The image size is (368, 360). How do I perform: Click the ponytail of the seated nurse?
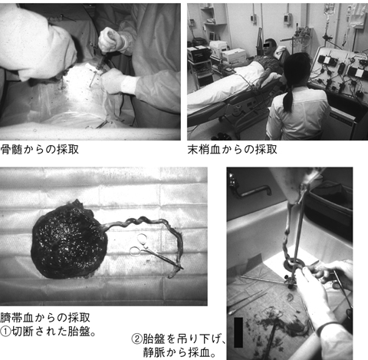point(289,95)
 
